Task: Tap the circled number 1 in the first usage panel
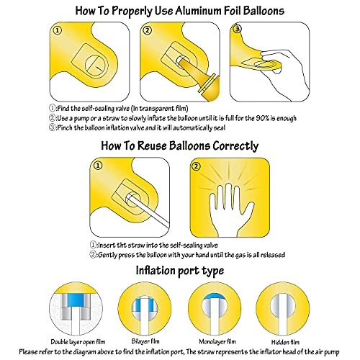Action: click(x=58, y=30)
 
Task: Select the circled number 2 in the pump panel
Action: click(x=148, y=30)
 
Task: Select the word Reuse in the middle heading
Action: click(x=152, y=145)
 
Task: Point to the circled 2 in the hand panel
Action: click(x=197, y=166)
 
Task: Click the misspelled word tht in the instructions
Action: click(x=122, y=246)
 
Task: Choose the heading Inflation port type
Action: click(x=180, y=271)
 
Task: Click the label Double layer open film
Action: click(x=78, y=342)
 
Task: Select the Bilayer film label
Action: click(x=145, y=341)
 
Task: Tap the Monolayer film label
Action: click(x=217, y=341)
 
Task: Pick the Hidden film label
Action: click(x=285, y=342)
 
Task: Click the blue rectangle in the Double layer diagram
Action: click(x=75, y=300)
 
